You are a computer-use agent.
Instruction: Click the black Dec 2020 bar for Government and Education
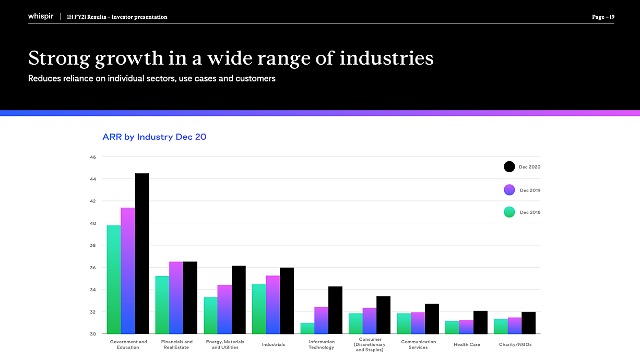pos(142,254)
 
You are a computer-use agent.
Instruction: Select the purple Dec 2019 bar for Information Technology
pos(322,320)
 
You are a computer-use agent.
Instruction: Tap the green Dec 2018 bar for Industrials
pos(259,309)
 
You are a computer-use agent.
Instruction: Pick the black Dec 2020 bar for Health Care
pos(481,322)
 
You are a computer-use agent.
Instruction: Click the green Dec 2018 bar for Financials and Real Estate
pos(162,305)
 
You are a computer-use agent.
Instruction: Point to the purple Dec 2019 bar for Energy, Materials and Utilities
pos(224,309)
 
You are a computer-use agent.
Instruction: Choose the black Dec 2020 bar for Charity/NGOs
pos(529,323)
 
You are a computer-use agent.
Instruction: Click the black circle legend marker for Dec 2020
pos(509,167)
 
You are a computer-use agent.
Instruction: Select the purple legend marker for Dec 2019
pos(509,190)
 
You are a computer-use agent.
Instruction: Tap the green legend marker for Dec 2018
pos(509,212)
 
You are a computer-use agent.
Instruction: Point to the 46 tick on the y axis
pos(93,157)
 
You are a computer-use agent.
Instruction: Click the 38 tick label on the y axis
pos(93,245)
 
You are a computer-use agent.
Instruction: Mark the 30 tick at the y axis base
pos(93,334)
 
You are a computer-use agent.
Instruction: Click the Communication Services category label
pos(418,344)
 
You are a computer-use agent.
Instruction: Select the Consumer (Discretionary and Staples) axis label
pos(370,344)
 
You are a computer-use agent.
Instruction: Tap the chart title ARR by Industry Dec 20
pos(155,137)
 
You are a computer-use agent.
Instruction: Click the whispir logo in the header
pos(41,16)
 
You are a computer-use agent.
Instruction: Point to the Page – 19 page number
pos(603,17)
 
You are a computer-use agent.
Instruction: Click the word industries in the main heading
pos(387,58)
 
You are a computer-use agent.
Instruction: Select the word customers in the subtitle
pos(255,78)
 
